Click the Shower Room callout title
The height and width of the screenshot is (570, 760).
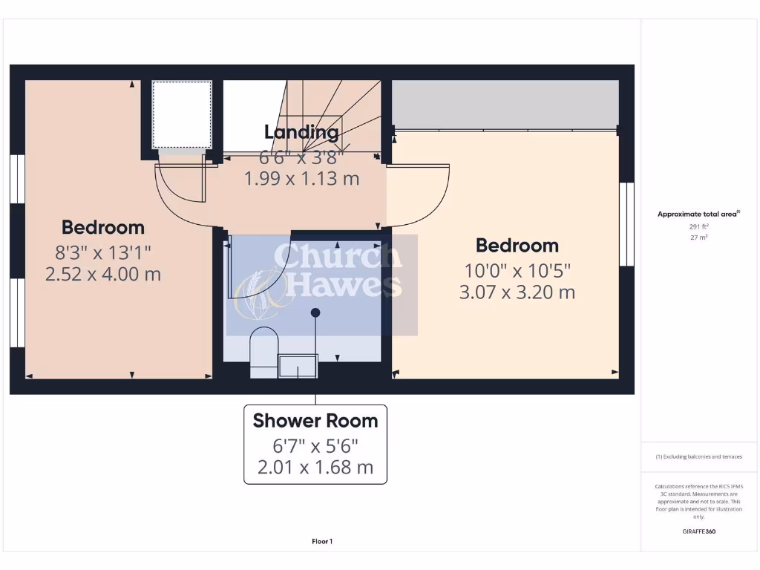315,421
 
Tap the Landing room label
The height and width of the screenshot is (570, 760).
301,133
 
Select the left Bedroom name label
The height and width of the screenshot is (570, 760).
103,227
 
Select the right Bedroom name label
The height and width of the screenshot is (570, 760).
517,245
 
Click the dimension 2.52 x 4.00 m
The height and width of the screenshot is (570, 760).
103,274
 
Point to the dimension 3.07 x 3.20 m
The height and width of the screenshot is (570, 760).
517,292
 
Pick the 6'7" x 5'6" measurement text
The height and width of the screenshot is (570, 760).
315,446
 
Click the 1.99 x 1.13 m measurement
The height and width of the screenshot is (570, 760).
301,179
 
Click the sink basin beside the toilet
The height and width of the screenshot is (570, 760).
298,365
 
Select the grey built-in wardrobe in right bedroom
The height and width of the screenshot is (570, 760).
505,103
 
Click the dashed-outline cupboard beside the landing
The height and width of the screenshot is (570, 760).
182,114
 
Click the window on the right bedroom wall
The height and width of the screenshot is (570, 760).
627,223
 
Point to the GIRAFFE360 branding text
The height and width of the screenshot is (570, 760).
698,531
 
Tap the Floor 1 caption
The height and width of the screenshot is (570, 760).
321,542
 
